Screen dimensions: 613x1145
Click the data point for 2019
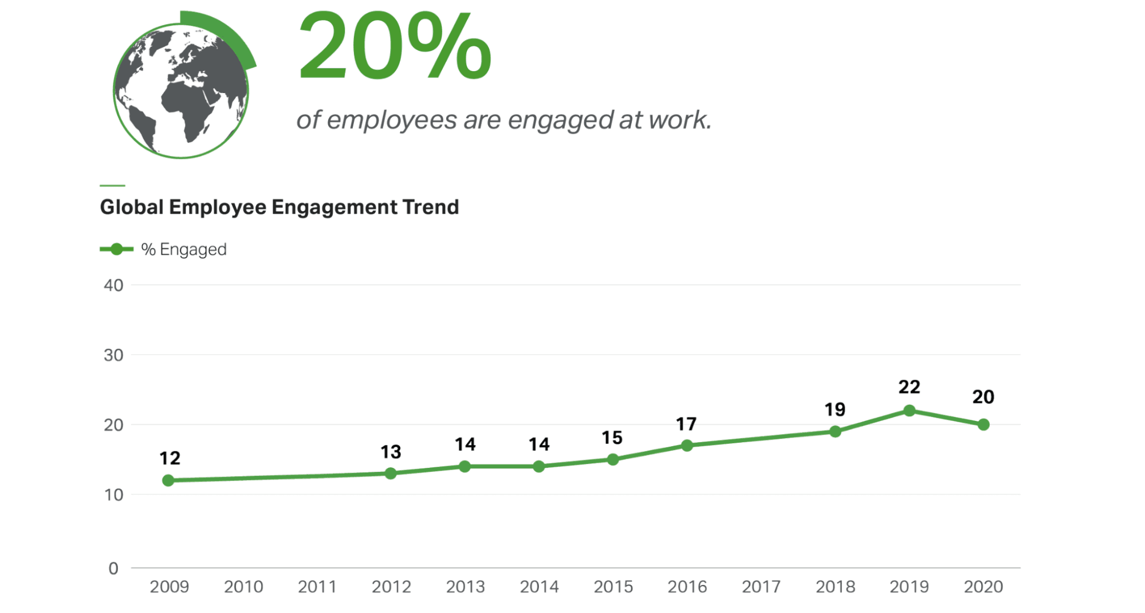tap(908, 411)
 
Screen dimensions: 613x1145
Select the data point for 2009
tap(168, 481)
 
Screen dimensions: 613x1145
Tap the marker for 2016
tap(687, 446)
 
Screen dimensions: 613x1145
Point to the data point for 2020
tap(983, 425)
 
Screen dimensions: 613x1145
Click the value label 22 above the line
tap(908, 387)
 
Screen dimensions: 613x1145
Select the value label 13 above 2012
tap(391, 452)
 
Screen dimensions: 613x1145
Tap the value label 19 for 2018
tap(835, 409)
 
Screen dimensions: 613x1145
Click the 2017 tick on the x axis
tap(761, 587)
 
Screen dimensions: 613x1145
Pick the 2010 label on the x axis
tap(243, 587)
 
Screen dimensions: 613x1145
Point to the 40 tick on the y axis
tap(113, 286)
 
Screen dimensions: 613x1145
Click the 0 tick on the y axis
tap(113, 568)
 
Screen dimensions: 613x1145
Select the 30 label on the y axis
tap(113, 356)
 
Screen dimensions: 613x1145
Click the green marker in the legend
tap(116, 249)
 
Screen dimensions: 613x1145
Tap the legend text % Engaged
tap(184, 249)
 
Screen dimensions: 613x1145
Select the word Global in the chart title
tap(132, 207)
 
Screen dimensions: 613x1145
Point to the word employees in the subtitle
tap(392, 120)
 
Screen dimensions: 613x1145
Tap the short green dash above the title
tap(112, 185)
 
